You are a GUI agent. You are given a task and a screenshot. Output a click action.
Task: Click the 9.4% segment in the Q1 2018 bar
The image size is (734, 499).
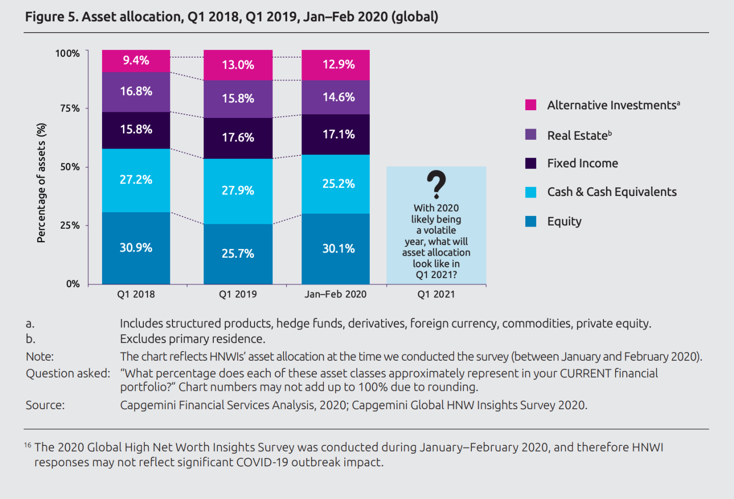click(x=136, y=61)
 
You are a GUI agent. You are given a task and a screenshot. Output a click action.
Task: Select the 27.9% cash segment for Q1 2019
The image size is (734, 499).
click(x=238, y=191)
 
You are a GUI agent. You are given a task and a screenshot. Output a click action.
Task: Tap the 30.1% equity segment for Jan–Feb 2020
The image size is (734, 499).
click(x=338, y=248)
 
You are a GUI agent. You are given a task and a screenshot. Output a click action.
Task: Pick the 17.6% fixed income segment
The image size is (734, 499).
click(x=238, y=138)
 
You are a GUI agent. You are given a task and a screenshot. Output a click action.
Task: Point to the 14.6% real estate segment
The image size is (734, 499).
click(x=338, y=97)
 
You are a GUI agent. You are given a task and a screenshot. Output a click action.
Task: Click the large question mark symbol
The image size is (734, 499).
click(x=436, y=184)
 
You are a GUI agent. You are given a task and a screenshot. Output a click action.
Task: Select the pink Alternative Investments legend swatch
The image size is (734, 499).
click(x=531, y=105)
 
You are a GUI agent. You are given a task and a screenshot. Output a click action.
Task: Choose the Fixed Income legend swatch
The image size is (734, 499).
click(x=531, y=163)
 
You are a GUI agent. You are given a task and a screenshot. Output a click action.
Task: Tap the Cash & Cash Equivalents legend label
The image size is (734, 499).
click(x=612, y=192)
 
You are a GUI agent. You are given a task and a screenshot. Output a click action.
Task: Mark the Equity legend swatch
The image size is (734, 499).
click(x=531, y=221)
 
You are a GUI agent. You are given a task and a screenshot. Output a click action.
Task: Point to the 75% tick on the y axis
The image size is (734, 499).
click(x=70, y=108)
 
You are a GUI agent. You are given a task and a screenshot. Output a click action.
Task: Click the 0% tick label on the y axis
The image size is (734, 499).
click(x=73, y=284)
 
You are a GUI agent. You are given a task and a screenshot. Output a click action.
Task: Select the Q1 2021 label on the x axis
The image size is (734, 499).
click(x=436, y=294)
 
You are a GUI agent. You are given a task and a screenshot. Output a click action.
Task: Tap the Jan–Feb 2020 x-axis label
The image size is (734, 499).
click(x=336, y=294)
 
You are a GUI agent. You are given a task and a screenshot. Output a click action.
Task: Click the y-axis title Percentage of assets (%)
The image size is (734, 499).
click(x=41, y=183)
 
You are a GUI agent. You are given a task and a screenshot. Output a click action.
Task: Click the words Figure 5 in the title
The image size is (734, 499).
click(x=51, y=17)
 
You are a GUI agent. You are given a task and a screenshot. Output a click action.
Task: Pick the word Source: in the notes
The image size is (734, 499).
click(x=45, y=405)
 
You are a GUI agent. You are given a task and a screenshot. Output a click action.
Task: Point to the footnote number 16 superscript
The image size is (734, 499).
click(x=28, y=445)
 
